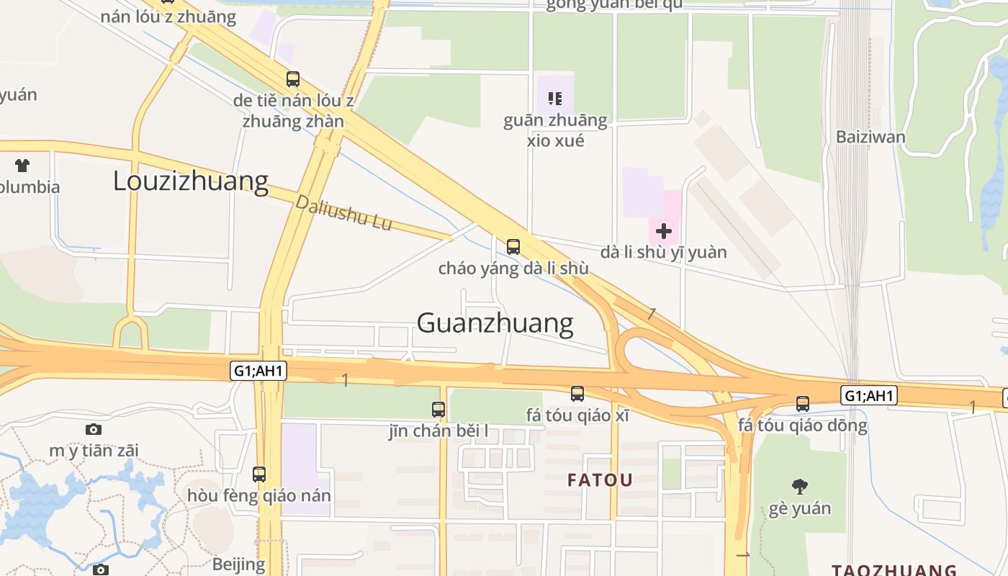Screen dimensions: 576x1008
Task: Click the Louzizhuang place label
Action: click(x=191, y=181)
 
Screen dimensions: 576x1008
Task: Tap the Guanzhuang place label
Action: click(x=495, y=323)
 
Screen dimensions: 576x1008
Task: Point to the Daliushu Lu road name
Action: click(x=343, y=213)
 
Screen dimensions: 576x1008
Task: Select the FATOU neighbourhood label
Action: click(x=600, y=480)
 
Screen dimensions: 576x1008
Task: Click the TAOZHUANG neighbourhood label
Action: click(x=894, y=570)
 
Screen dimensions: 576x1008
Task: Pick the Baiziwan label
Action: click(x=870, y=136)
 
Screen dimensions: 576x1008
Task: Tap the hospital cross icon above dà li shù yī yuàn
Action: click(x=663, y=231)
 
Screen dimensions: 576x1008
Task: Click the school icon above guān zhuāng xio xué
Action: click(x=554, y=98)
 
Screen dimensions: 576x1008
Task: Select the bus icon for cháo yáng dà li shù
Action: click(x=513, y=246)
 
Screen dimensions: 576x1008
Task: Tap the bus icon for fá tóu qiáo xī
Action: click(x=577, y=394)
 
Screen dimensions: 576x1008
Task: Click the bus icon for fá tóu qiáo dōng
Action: click(x=802, y=404)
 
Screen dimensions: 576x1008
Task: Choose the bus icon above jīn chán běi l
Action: click(x=438, y=410)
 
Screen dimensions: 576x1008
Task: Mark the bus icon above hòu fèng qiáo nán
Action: click(x=258, y=474)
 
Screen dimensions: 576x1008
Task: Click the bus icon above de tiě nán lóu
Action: click(x=292, y=79)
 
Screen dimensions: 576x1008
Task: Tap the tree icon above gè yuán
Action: click(x=799, y=487)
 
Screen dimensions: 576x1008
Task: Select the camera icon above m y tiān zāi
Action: click(x=94, y=430)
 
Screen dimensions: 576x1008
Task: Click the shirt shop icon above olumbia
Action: click(x=22, y=166)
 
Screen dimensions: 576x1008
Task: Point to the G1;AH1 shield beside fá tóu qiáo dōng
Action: click(x=868, y=395)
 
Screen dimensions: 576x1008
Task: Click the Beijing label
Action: click(x=238, y=564)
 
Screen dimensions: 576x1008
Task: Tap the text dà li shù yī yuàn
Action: click(x=663, y=253)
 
